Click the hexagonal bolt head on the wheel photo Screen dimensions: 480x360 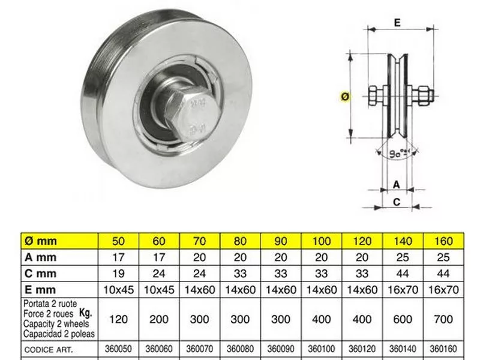(192, 115)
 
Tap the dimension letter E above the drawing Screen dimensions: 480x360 (397, 23)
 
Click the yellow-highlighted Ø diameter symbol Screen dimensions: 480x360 (345, 97)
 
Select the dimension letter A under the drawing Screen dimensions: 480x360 (397, 184)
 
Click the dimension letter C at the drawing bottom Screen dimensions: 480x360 (397, 202)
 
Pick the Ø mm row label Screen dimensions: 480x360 (40, 241)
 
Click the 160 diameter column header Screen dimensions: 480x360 (443, 241)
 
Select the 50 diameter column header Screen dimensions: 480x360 (118, 241)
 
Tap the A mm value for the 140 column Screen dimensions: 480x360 (403, 257)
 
